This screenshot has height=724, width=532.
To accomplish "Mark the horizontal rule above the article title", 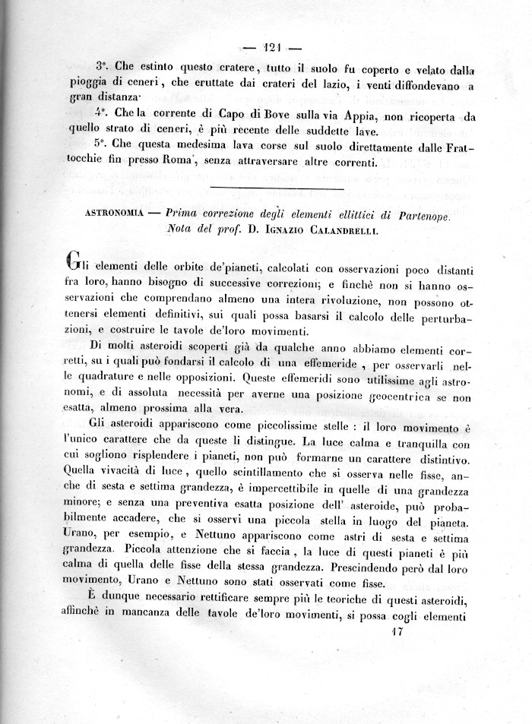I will tap(265, 188).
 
